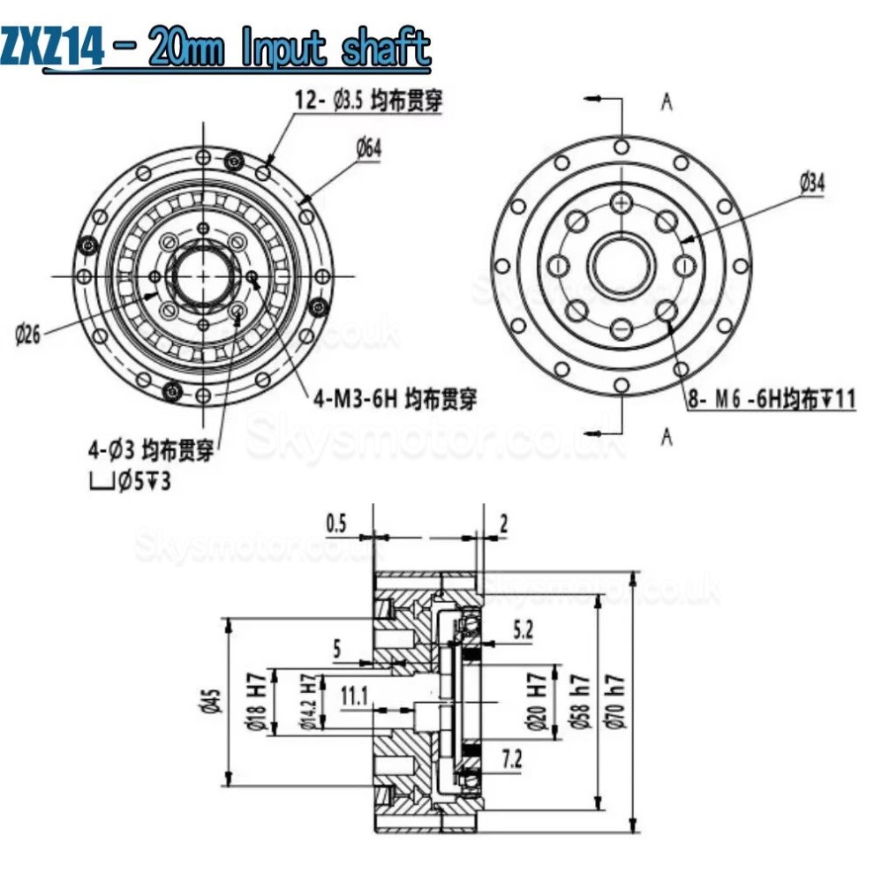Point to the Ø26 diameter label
[27, 335]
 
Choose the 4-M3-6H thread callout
[395, 399]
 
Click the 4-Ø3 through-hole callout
[150, 454]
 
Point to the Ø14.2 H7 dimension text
[309, 702]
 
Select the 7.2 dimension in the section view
[511, 756]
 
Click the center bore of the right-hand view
[622, 266]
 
